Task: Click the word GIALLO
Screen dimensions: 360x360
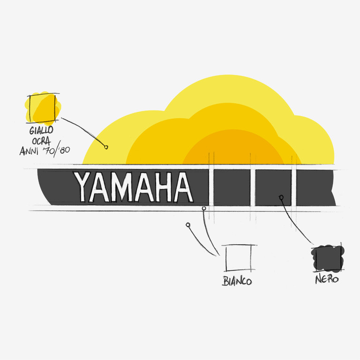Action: pyautogui.click(x=42, y=129)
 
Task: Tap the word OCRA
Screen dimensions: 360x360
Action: pyautogui.click(x=42, y=140)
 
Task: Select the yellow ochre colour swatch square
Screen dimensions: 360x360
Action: pyautogui.click(x=43, y=107)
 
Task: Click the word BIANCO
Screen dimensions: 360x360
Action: pyautogui.click(x=237, y=281)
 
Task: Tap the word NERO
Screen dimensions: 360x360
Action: pyautogui.click(x=327, y=280)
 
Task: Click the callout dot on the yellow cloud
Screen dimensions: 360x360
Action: pyautogui.click(x=106, y=147)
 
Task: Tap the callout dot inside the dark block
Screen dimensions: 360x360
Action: pyautogui.click(x=281, y=197)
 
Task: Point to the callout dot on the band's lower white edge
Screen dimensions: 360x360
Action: pyautogui.click(x=204, y=208)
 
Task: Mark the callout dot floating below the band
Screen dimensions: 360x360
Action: pyautogui.click(x=188, y=225)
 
